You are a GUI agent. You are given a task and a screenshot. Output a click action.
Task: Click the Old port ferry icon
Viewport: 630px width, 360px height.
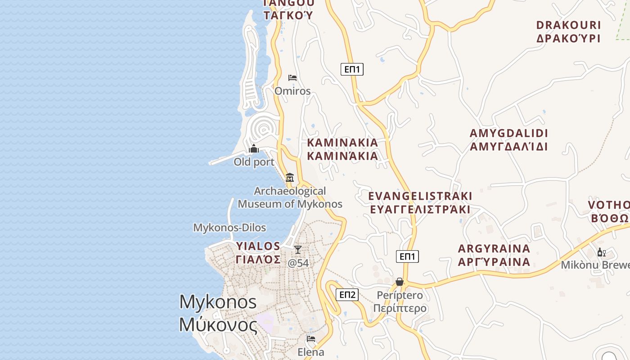pos(254,149)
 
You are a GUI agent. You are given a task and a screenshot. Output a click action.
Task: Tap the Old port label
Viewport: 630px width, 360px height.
pos(254,162)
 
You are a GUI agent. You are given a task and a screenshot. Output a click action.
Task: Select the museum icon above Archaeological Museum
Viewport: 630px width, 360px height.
pos(290,177)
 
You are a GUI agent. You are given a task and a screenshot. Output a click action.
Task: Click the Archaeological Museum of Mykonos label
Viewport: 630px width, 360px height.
pos(290,198)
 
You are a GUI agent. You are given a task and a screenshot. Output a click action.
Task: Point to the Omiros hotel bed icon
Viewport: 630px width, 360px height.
pos(292,78)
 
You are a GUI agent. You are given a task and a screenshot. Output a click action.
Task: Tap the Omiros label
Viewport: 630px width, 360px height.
pos(292,91)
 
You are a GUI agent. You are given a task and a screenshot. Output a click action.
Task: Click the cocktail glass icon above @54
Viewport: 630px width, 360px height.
pos(297,250)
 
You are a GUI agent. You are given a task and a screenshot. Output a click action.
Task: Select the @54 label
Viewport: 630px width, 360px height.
pos(298,263)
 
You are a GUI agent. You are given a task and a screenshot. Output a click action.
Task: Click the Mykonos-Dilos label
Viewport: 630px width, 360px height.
pos(229,228)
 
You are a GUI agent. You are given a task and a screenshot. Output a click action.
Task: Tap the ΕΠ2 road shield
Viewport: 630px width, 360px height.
pos(347,295)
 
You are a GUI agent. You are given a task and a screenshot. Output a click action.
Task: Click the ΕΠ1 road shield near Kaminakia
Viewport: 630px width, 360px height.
pos(352,69)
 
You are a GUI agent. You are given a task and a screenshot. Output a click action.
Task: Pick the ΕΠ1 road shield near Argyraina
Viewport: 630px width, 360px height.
pos(407,256)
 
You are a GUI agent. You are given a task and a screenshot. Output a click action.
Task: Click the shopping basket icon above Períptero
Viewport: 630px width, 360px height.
pos(399,282)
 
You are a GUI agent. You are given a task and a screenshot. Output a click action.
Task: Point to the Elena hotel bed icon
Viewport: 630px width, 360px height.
pos(310,339)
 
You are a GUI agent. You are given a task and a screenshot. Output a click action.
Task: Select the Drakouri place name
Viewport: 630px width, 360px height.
pos(568,31)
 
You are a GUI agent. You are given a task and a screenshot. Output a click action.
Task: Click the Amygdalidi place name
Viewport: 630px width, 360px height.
pos(508,140)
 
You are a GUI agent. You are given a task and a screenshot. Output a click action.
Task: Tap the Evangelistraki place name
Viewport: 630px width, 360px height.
pos(420,202)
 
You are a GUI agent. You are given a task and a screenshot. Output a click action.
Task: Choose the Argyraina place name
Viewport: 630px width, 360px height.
pos(494,255)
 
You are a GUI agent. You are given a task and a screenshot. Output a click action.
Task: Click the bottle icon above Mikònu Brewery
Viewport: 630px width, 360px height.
pos(601,252)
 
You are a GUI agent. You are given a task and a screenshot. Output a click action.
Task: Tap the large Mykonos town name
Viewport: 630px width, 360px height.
pos(218,313)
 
